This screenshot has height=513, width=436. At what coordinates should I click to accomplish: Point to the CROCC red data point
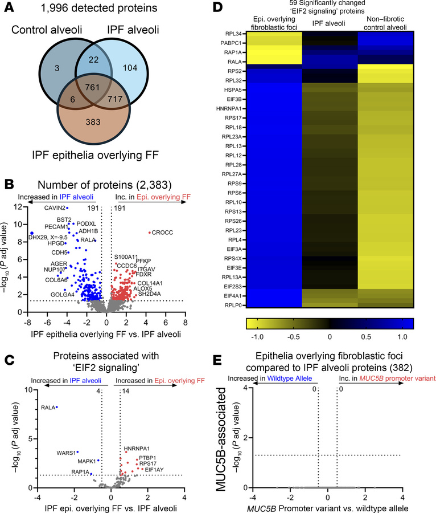tap(150, 232)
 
